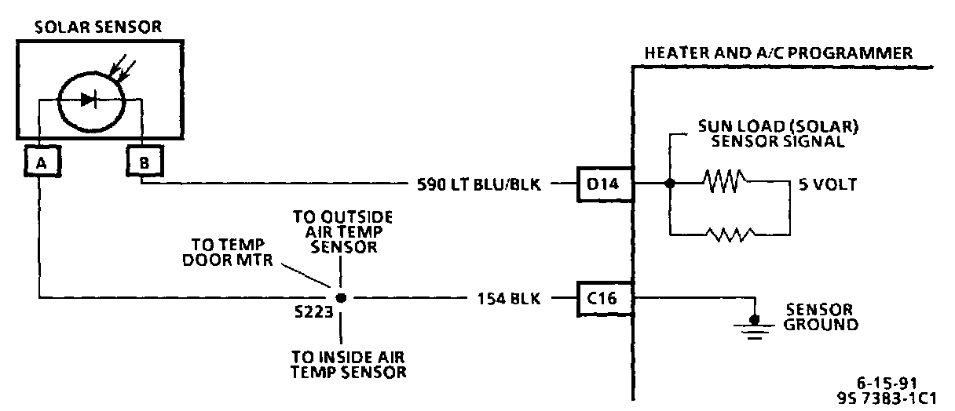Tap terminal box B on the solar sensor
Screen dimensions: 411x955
point(142,162)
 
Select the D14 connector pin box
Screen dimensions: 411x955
point(604,185)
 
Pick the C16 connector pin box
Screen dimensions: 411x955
point(604,298)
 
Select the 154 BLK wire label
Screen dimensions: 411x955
point(503,299)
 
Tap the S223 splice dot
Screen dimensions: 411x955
point(340,299)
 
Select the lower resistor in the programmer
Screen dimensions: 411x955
point(730,233)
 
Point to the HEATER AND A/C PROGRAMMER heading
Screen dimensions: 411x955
point(778,53)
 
